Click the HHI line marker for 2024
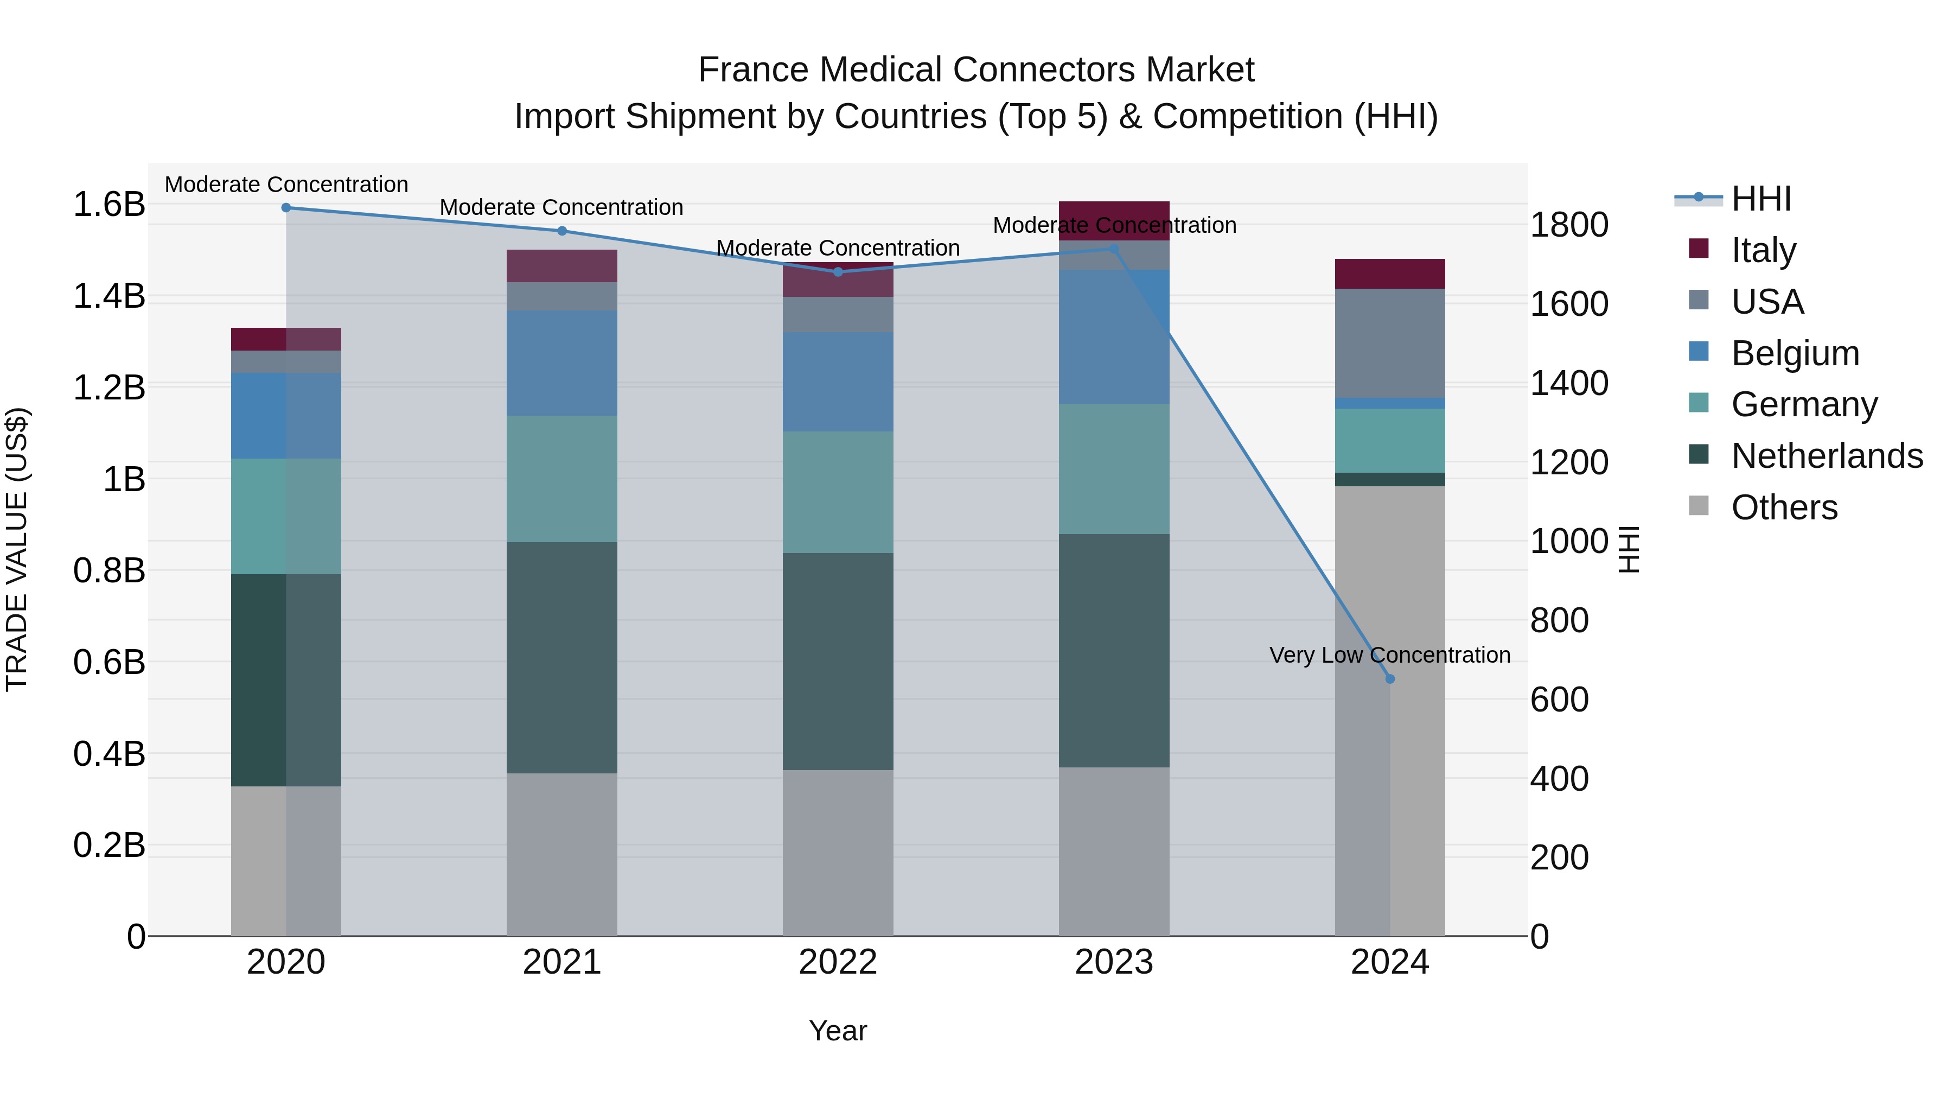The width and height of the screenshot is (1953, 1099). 1390,679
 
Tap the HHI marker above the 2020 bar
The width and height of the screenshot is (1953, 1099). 286,208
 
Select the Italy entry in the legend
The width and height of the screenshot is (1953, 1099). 1764,250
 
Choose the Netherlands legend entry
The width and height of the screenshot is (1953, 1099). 1827,456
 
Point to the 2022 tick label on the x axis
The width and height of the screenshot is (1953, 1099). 838,962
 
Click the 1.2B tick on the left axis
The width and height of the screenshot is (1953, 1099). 109,387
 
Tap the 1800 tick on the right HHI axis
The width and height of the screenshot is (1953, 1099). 1568,225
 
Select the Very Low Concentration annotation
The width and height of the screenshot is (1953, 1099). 1390,655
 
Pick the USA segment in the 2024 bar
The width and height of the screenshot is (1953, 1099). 1390,343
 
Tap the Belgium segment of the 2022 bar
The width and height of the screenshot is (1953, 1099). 838,382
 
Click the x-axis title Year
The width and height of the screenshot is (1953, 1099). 838,1031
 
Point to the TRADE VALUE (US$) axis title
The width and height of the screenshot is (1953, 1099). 17,549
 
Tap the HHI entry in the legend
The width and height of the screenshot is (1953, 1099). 1760,199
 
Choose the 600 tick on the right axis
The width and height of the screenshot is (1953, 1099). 1559,700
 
